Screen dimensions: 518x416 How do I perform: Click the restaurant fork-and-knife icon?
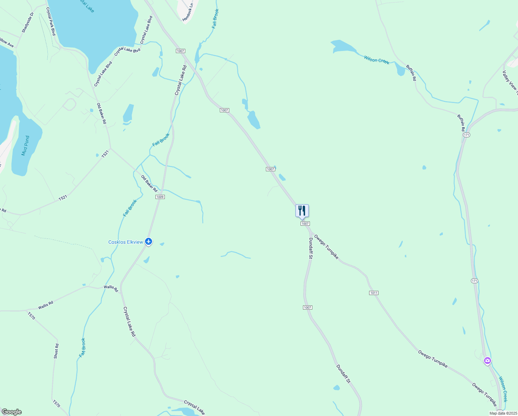[302, 210]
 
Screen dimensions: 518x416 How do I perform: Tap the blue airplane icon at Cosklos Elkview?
[149, 242]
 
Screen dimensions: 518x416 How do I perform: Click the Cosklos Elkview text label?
[126, 242]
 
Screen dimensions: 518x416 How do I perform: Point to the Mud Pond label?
[25, 146]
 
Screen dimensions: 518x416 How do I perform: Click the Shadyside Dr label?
[28, 23]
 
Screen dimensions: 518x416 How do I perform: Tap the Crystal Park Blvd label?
[51, 21]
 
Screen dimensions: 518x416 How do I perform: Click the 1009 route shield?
[160, 197]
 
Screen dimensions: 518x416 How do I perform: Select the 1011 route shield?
[374, 293]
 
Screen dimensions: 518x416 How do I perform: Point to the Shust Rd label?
[56, 351]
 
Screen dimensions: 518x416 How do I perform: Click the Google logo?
[11, 412]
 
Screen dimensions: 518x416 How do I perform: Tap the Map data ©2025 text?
[503, 413]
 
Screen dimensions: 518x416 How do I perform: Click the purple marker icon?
[487, 361]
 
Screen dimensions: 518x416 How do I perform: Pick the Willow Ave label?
[7, 43]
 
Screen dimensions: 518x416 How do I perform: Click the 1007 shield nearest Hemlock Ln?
[180, 51]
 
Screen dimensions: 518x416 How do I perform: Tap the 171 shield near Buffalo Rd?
[467, 135]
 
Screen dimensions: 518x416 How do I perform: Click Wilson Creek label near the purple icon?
[503, 389]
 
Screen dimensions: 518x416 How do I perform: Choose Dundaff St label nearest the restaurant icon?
[311, 248]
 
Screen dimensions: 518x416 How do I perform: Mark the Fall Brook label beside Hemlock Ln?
[215, 19]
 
